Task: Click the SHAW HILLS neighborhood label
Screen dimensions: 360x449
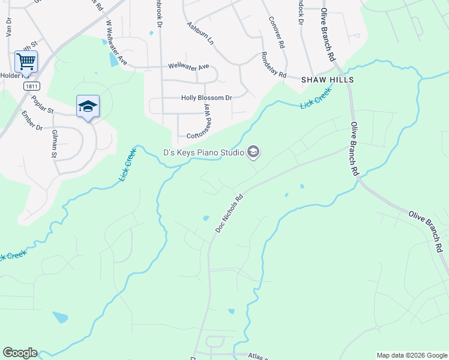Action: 327,80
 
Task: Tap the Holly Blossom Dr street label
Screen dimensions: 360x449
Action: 206,98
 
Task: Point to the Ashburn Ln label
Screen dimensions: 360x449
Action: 200,35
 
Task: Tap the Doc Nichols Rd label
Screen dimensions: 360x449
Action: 229,213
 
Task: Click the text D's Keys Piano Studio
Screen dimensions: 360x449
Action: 203,152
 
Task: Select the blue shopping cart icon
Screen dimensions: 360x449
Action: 26,61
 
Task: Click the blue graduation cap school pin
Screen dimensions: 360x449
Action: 88,106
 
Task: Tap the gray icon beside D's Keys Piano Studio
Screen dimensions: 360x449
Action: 253,152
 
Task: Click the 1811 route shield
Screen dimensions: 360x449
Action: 32,86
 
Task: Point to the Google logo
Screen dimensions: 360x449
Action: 20,353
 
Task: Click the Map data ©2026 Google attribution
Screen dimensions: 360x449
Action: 411,355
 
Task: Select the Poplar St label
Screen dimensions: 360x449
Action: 43,104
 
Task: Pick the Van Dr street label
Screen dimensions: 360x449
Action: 9,31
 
